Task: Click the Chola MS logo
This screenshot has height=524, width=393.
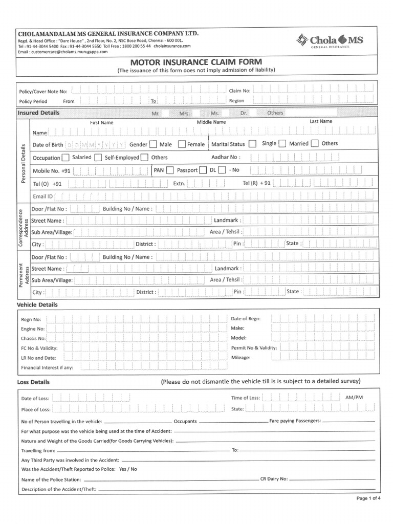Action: pos(331,40)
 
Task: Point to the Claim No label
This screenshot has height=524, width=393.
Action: pos(239,90)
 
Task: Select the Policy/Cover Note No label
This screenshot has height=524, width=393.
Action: pos(43,91)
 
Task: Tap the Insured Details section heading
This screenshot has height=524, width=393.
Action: pos(38,113)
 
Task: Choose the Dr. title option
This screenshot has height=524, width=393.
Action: pos(244,113)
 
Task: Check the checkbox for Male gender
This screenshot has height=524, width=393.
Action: pos(154,144)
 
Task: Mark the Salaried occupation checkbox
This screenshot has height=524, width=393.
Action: pos(66,158)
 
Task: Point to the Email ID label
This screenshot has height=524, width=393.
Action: pos(43,196)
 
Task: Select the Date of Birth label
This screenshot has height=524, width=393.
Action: pos(48,145)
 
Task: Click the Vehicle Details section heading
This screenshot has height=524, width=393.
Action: pos(37,304)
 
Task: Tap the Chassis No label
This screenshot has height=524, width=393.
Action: pos(33,338)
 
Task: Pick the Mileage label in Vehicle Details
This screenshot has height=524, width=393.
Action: pos(241,358)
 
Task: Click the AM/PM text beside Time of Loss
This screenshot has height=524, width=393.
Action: pos(354,397)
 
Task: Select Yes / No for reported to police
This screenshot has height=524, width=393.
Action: pos(127,469)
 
